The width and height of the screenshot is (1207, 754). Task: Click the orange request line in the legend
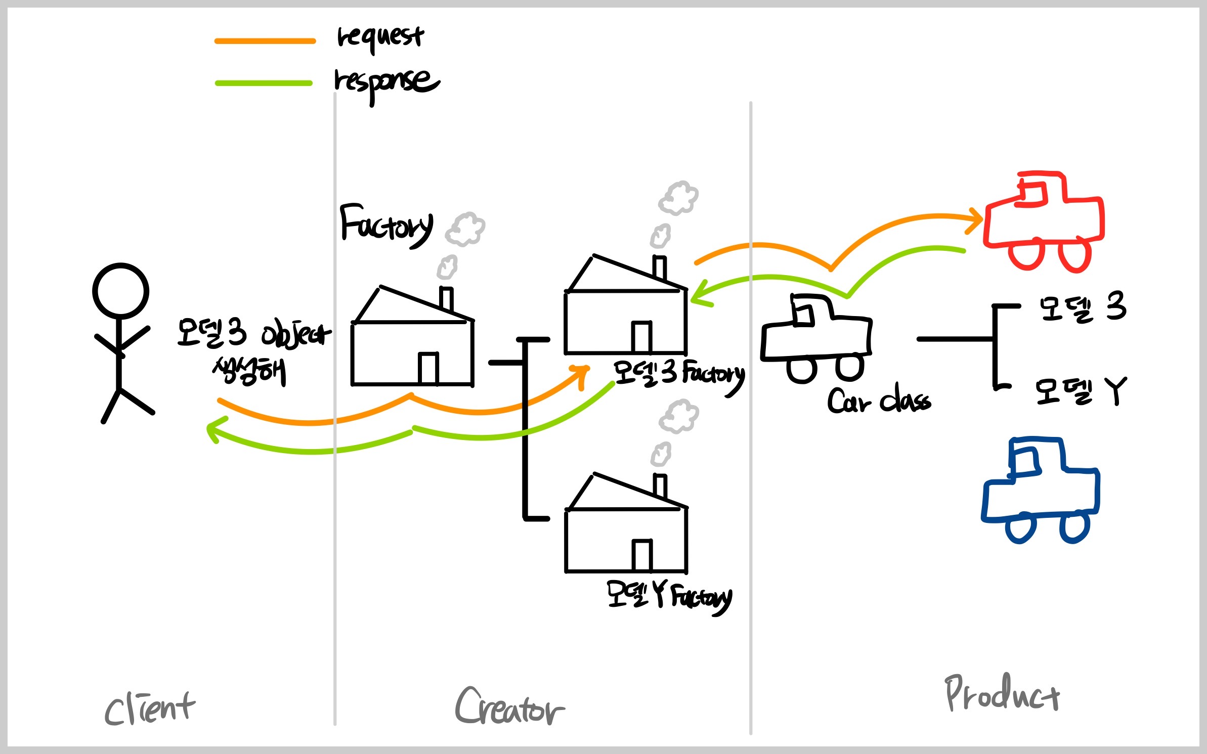coord(265,41)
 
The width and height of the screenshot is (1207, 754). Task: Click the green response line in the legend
coord(264,83)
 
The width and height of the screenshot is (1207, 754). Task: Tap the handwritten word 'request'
coord(380,37)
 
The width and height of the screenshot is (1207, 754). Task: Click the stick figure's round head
coord(120,291)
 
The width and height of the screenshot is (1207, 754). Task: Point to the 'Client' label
coord(149,708)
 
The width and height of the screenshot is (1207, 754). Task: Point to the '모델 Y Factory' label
coord(669,597)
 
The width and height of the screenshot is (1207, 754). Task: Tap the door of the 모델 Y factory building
coord(642,555)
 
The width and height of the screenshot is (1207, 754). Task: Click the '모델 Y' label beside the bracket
coord(1081,392)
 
